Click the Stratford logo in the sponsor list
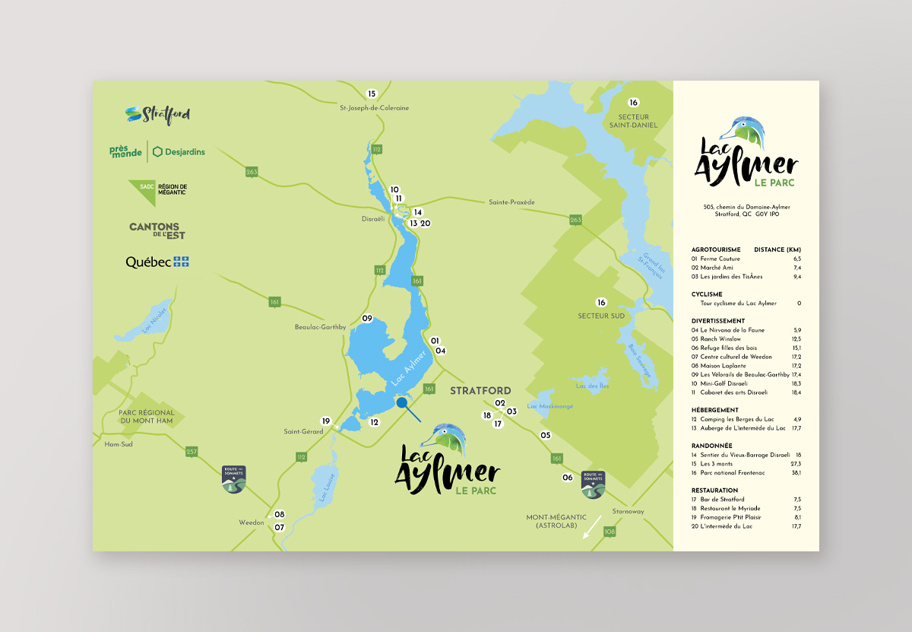tap(157, 115)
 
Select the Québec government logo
tap(157, 262)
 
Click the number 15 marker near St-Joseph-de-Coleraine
tap(372, 94)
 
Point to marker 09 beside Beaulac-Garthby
tap(367, 318)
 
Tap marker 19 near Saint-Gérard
tap(326, 421)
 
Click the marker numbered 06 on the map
tap(567, 478)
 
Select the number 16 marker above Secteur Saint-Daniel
tap(634, 103)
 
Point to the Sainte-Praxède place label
tap(511, 202)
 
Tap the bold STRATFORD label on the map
tap(480, 391)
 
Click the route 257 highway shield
tap(192, 452)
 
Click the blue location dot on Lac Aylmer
tap(400, 403)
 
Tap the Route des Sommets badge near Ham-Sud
tap(233, 479)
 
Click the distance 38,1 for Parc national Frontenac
tap(796, 472)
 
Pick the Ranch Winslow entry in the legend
tap(721, 339)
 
